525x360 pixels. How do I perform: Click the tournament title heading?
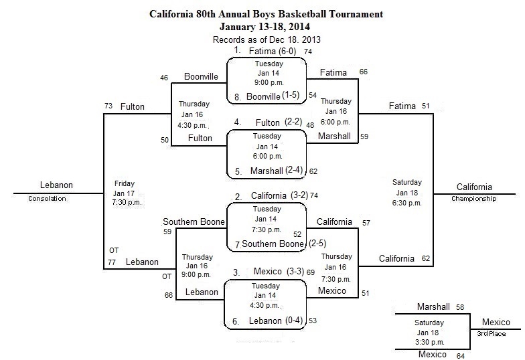[x=267, y=14]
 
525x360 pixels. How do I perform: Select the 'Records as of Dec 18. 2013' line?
[x=267, y=40]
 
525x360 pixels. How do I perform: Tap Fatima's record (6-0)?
[x=287, y=51]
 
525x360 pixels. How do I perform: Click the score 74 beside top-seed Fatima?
[x=308, y=52]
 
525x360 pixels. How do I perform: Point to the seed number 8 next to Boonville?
[x=237, y=97]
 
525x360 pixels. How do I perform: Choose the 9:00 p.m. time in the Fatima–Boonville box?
[x=269, y=82]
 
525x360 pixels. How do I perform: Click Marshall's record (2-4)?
[x=295, y=170]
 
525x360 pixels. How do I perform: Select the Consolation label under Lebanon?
[x=47, y=198]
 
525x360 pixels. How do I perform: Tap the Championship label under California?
[x=474, y=198]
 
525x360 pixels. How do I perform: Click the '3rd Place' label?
[x=492, y=333]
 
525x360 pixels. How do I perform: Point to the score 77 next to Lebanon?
[x=111, y=262]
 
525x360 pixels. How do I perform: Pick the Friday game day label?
[x=125, y=183]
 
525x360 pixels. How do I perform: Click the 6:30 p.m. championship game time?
[x=407, y=203]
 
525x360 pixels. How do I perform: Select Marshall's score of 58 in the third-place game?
[x=460, y=307]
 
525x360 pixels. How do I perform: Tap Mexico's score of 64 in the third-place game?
[x=461, y=356]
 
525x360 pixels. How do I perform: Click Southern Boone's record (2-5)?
[x=317, y=244]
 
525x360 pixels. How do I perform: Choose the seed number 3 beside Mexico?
[x=236, y=273]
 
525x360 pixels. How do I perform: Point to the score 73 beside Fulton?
[x=108, y=106]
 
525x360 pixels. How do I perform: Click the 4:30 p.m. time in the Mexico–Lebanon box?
[x=265, y=305]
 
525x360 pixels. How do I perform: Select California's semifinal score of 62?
[x=426, y=258]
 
